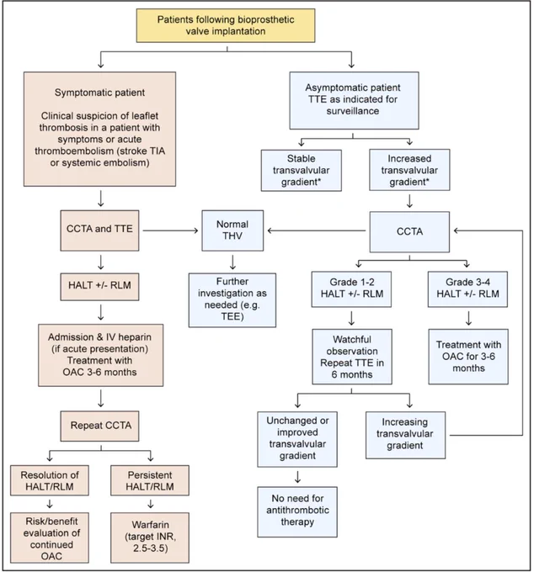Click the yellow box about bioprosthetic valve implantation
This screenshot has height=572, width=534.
pyautogui.click(x=226, y=25)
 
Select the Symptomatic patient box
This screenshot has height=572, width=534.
pyautogui.click(x=99, y=130)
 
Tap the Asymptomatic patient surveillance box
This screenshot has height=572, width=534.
pyautogui.click(x=354, y=100)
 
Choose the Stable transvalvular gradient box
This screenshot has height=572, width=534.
pyautogui.click(x=302, y=171)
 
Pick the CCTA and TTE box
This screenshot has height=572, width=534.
pyautogui.click(x=99, y=230)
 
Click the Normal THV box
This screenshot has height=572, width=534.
pyautogui.click(x=232, y=230)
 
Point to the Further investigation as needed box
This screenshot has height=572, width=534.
pyautogui.click(x=232, y=299)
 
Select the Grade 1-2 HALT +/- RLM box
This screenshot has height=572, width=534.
pyautogui.click(x=351, y=289)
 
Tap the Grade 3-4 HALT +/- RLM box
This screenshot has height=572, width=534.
pyautogui.click(x=467, y=289)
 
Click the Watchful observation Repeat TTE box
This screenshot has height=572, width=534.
pyautogui.click(x=352, y=357)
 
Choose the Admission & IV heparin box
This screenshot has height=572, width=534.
pyautogui.click(x=101, y=355)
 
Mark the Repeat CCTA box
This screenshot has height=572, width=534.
pyautogui.click(x=99, y=426)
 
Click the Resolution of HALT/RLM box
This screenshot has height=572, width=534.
pyautogui.click(x=50, y=480)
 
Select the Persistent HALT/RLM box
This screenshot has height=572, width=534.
pyautogui.click(x=150, y=480)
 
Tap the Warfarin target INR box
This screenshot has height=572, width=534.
pyautogui.click(x=150, y=538)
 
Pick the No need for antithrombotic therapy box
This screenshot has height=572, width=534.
pyautogui.click(x=297, y=511)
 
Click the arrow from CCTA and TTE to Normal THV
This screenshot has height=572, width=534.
pyautogui.click(x=170, y=230)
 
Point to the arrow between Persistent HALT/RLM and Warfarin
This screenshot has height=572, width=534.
pyautogui.click(x=150, y=504)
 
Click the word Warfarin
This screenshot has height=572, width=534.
pyautogui.click(x=151, y=525)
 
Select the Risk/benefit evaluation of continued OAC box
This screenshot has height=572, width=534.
pyautogui.click(x=50, y=538)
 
